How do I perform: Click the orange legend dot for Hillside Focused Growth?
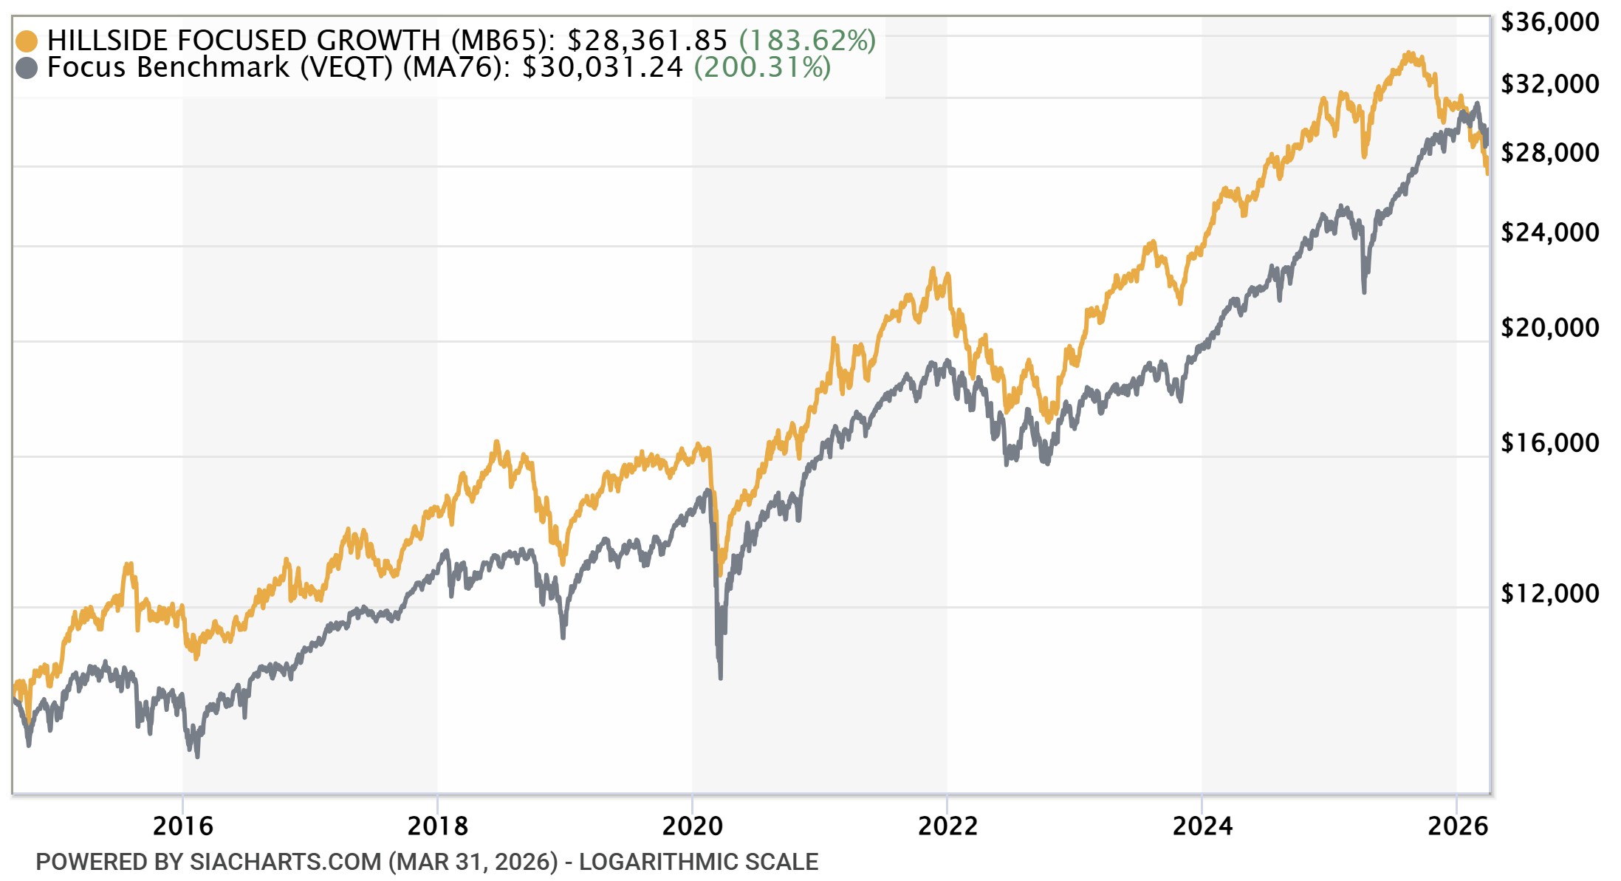[27, 41]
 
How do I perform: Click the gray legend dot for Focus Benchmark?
[27, 68]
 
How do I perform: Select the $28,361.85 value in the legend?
[647, 41]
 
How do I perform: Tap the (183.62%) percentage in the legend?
[807, 41]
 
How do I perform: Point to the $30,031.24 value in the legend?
[603, 67]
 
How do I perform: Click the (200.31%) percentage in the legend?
[762, 67]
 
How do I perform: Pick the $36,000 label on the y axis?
[1549, 22]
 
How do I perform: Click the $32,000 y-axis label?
[1549, 84]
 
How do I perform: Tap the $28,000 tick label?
[1549, 153]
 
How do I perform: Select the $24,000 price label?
[1549, 233]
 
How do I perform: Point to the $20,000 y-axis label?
[1549, 328]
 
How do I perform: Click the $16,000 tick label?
[1549, 443]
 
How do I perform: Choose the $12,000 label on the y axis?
[1549, 594]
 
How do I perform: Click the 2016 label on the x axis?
[182, 826]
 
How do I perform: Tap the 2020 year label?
[692, 826]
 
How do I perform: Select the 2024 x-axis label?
[1202, 826]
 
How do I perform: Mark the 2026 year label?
[1457, 826]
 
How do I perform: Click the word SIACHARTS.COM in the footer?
[285, 862]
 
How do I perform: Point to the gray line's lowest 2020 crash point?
[720, 676]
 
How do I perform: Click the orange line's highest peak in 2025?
[1410, 53]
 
